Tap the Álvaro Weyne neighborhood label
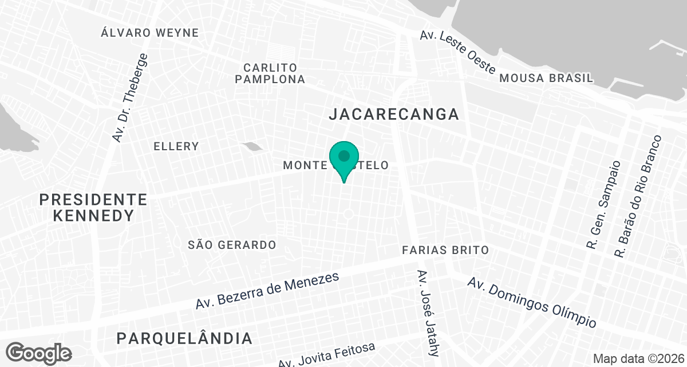tap(149, 33)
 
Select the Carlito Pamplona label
tap(270, 73)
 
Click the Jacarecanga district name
tap(394, 114)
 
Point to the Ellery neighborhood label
tap(176, 146)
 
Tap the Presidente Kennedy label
tap(93, 208)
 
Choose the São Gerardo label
tap(232, 245)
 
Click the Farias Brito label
tap(445, 250)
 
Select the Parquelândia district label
tap(184, 338)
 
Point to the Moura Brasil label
tap(546, 78)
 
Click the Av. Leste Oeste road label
tap(457, 52)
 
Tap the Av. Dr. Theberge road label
tap(130, 98)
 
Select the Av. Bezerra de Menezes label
tap(267, 291)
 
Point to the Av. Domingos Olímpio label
tap(532, 302)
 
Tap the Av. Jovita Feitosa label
tap(327, 356)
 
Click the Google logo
tap(39, 352)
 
